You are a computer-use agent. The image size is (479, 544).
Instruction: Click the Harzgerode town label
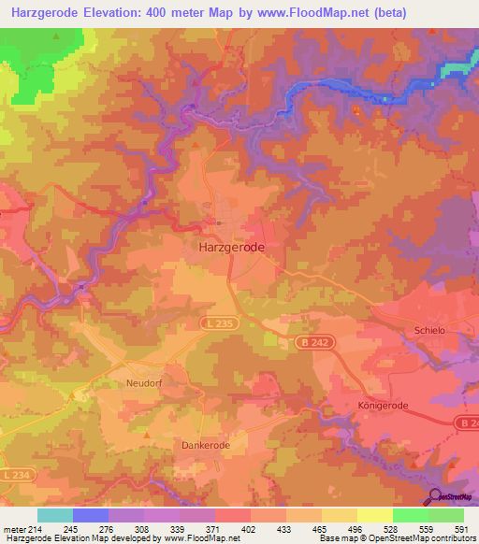232,248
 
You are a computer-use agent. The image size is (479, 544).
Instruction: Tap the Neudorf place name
144,383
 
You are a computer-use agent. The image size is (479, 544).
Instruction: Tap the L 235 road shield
220,322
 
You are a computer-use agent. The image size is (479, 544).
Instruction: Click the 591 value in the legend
461,529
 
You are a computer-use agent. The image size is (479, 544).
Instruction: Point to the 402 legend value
248,529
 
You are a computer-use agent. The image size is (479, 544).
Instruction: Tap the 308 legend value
141,529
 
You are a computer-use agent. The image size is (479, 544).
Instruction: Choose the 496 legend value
355,529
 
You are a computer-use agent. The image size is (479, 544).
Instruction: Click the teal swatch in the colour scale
54,515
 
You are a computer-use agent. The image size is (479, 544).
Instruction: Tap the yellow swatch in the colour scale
374,515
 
